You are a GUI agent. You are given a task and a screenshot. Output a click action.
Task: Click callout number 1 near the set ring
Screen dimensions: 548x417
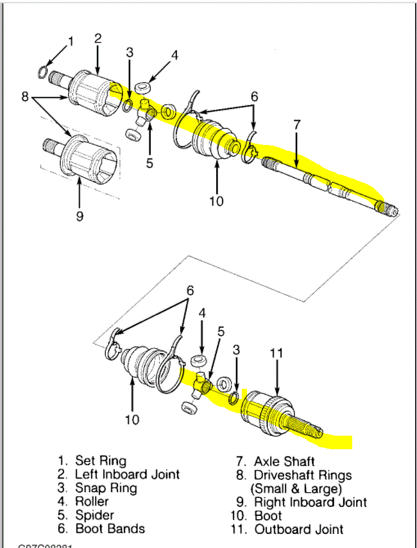click(71, 42)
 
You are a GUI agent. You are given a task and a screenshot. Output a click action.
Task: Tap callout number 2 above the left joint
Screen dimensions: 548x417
click(98, 39)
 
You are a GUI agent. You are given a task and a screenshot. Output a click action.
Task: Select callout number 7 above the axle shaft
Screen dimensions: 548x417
click(296, 125)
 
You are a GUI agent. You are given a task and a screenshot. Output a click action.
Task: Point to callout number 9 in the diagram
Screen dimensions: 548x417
click(80, 216)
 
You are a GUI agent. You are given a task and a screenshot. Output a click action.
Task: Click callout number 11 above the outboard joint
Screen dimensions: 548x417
click(277, 352)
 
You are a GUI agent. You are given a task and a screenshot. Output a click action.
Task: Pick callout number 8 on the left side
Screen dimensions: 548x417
click(24, 97)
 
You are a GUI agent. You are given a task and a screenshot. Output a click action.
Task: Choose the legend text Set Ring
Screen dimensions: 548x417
click(101, 460)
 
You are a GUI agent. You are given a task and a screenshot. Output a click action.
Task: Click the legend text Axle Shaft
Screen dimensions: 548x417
click(284, 461)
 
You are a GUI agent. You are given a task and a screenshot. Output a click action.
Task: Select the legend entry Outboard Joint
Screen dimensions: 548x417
click(299, 529)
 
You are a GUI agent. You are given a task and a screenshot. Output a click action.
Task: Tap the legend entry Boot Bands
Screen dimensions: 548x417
click(110, 529)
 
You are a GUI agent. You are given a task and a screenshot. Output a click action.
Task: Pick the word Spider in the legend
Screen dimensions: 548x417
click(95, 515)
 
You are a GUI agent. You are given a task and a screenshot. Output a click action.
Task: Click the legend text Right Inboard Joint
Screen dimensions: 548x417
click(311, 502)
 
